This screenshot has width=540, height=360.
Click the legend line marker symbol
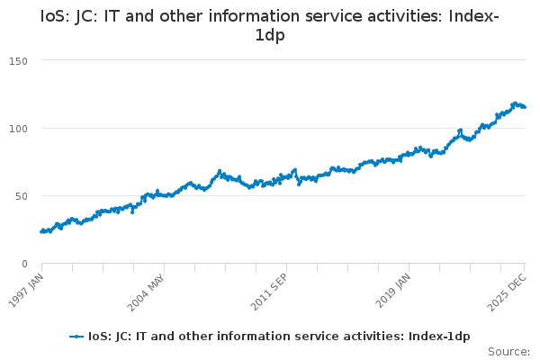click(x=76, y=337)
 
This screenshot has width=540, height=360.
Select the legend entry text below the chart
click(x=278, y=337)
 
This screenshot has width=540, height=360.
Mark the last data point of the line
click(x=525, y=107)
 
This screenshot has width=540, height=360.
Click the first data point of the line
click(x=41, y=231)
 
